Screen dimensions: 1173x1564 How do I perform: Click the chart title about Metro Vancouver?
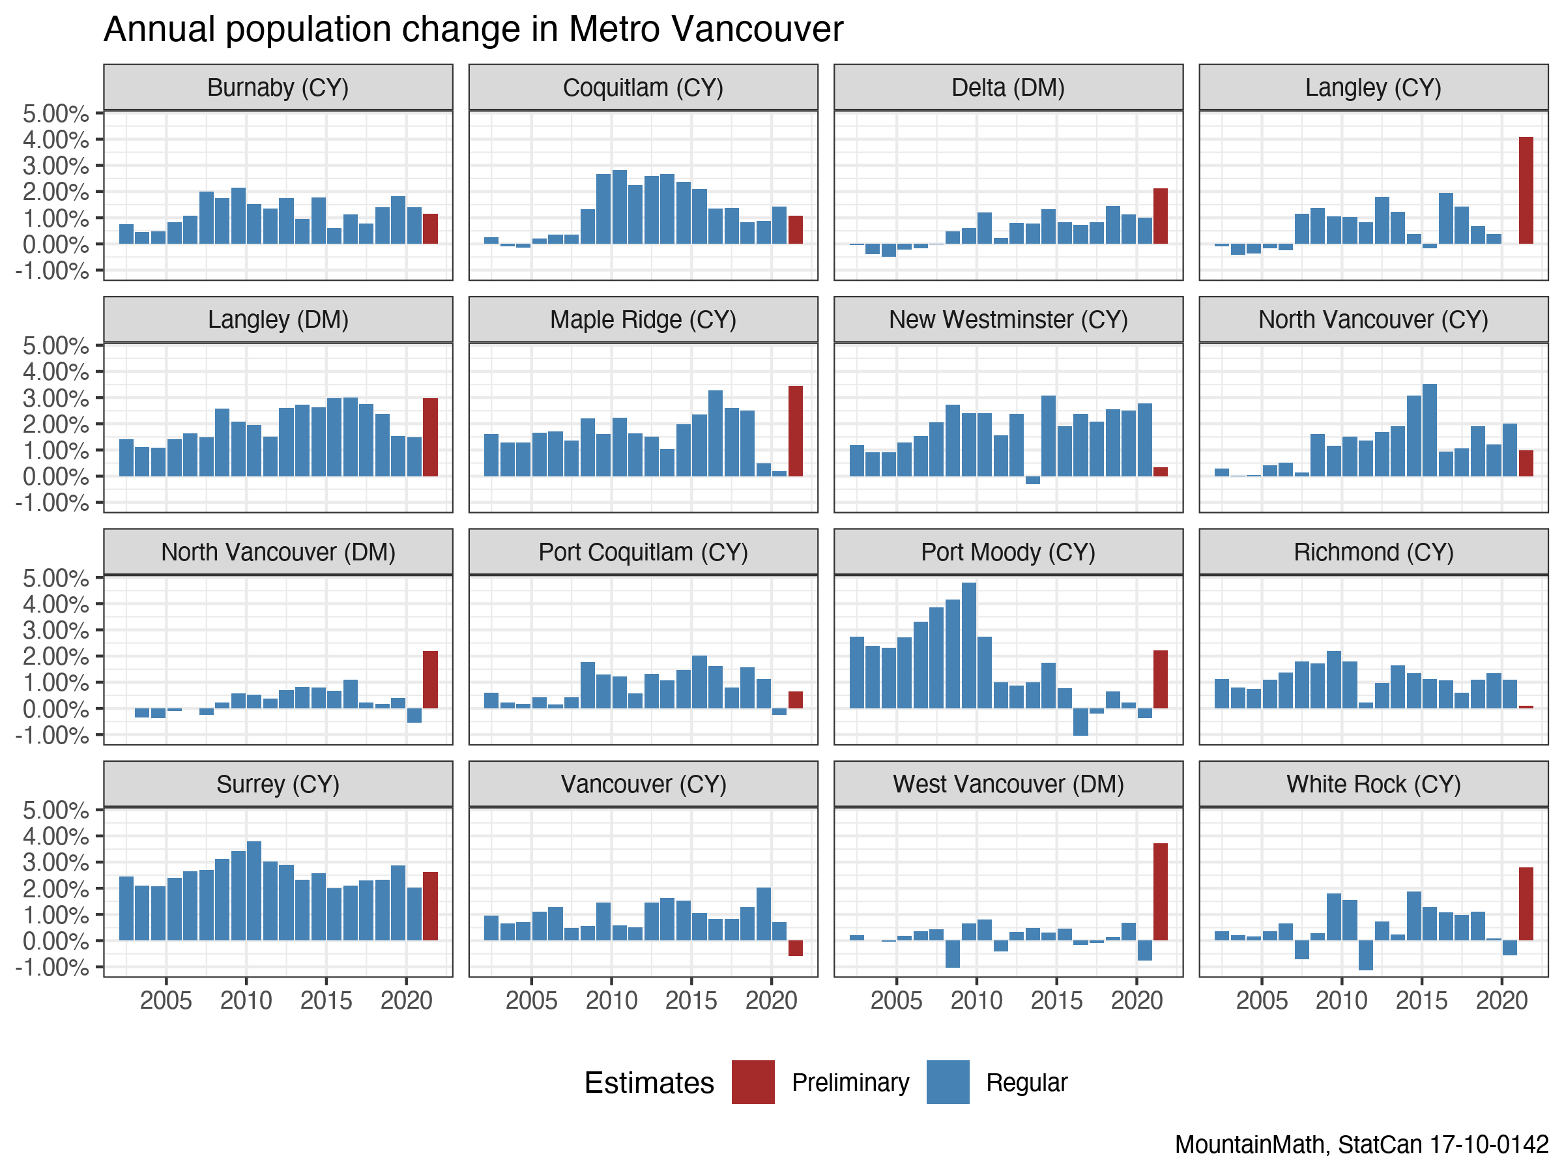(x=473, y=30)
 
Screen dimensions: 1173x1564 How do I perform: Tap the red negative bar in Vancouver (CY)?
(x=796, y=948)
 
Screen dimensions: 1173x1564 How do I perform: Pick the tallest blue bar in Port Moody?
(x=968, y=645)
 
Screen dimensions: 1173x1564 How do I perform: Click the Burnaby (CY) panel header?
(x=278, y=88)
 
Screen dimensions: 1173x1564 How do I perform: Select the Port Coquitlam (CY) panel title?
(x=643, y=552)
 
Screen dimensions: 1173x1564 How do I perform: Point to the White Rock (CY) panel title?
(x=1373, y=784)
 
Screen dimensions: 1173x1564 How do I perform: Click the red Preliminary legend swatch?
(x=753, y=1082)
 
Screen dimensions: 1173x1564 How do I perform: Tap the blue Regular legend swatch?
(x=948, y=1082)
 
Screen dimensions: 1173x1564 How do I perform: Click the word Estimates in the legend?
(x=649, y=1082)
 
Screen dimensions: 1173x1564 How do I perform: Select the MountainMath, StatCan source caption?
(x=1361, y=1144)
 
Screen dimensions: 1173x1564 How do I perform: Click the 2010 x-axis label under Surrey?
(x=246, y=1000)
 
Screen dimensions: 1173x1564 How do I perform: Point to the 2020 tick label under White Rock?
(x=1502, y=1000)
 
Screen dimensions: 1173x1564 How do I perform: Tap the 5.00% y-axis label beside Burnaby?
(x=56, y=113)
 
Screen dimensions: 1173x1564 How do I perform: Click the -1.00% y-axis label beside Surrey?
(x=52, y=967)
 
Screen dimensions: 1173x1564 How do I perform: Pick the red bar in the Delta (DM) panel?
(x=1160, y=216)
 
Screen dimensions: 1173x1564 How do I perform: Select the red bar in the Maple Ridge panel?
(x=796, y=431)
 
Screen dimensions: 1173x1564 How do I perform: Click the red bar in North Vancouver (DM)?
(x=430, y=680)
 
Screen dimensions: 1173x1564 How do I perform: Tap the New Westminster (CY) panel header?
(x=1008, y=319)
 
